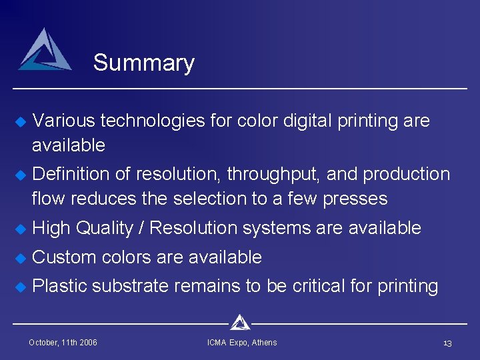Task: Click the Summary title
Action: [x=143, y=63]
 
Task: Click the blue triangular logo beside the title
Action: [x=45, y=50]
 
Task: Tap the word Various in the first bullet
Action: [x=63, y=121]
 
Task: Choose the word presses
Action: [x=355, y=199]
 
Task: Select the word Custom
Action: [x=63, y=257]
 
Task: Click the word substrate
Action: [x=131, y=286]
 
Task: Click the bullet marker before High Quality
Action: [x=20, y=229]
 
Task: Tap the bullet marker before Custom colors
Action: [x=20, y=257]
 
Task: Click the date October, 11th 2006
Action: [x=63, y=343]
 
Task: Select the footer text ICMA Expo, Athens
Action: [x=242, y=343]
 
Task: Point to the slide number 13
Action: [x=447, y=343]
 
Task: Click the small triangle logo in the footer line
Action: [x=240, y=323]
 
